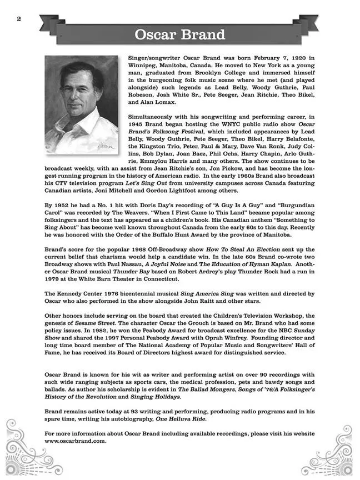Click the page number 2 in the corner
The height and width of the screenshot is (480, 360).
point(19,19)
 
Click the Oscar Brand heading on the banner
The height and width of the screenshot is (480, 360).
point(179,34)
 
